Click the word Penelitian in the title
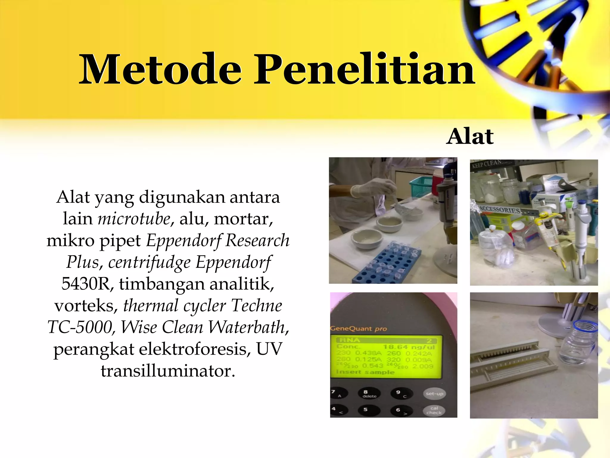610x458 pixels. click(365, 69)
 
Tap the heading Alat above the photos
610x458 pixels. click(470, 137)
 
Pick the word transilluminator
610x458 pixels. click(168, 371)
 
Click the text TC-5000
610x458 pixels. click(80, 327)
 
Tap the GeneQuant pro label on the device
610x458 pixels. click(358, 329)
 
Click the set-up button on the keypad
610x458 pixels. click(434, 394)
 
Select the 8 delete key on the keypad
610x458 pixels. click(369, 394)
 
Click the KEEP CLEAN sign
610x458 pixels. click(487, 164)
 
